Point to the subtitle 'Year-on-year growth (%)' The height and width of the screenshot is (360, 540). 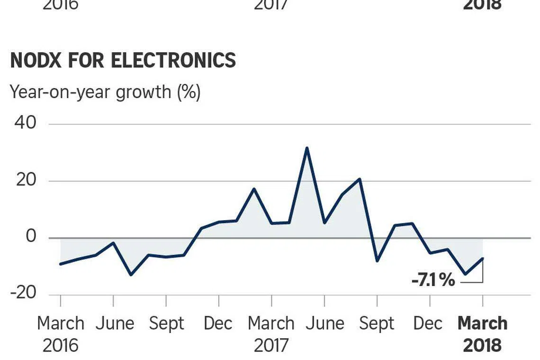point(105,91)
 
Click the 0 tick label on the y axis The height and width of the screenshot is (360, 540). point(31,236)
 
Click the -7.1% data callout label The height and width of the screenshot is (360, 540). point(433,280)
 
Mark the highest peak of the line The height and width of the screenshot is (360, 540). point(307,148)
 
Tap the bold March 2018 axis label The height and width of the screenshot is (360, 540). point(482,334)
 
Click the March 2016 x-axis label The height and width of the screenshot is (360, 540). point(60,334)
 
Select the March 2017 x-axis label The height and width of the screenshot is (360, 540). point(271,334)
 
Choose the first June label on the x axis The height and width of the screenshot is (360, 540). point(115,324)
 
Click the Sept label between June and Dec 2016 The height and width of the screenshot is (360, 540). point(166,324)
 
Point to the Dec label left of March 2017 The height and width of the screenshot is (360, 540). point(218,324)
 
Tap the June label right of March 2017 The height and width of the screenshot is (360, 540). point(324,324)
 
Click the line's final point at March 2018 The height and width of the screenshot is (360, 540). point(482,258)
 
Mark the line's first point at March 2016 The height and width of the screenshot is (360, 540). point(61,264)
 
